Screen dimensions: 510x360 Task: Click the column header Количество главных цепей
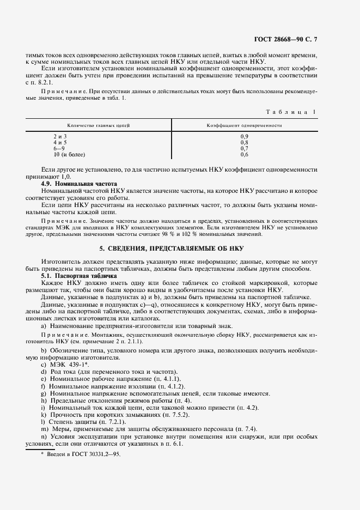(98, 125)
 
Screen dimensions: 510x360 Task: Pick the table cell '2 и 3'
(60, 136)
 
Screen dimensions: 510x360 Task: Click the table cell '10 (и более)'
(69, 154)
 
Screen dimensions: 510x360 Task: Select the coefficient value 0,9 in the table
(244, 136)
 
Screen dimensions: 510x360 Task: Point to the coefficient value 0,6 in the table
(244, 154)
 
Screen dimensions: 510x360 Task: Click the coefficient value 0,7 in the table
(244, 148)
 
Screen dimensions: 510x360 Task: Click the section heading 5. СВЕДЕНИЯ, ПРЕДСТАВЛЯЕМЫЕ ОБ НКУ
(180, 247)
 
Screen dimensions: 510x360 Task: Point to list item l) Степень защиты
(84, 421)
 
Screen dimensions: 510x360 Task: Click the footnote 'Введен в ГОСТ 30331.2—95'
(83, 453)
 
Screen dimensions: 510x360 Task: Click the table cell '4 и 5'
(60, 142)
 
